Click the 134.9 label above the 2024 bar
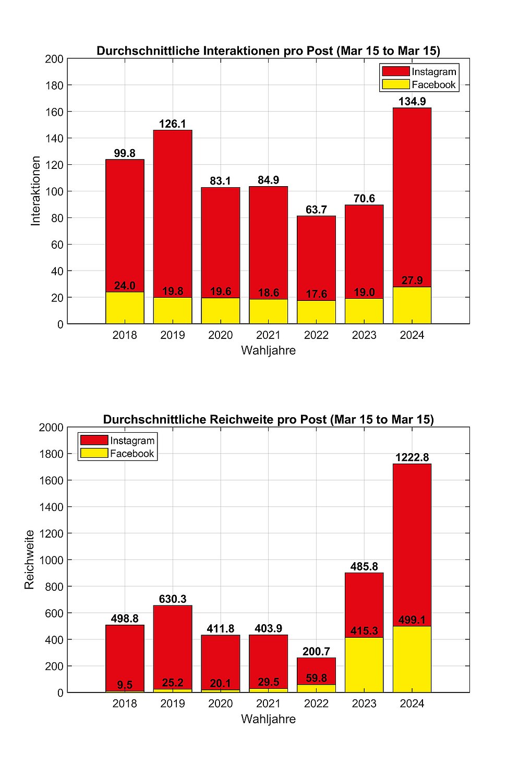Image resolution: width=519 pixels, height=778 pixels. [412, 102]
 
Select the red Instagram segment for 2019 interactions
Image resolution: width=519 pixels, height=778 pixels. [173, 209]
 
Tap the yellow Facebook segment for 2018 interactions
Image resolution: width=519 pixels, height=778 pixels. [125, 309]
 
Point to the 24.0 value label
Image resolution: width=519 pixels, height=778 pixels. [125, 286]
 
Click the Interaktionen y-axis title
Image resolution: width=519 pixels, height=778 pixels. [35, 191]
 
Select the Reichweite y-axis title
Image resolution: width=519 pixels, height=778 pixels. [29, 560]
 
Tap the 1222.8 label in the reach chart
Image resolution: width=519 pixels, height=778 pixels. [412, 457]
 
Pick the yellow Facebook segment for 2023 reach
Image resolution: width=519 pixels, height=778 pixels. [364, 665]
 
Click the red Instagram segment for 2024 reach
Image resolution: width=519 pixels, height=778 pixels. [412, 542]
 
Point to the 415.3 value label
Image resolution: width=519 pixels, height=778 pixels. [364, 631]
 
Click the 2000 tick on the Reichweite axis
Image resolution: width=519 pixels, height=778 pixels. [51, 428]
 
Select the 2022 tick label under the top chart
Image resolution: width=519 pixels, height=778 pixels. [316, 335]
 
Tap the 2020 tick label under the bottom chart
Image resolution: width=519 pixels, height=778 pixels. [221, 704]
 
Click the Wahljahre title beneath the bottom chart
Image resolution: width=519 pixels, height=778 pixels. [268, 719]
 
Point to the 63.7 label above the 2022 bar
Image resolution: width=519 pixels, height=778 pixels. [316, 210]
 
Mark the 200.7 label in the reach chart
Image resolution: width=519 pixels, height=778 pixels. [316, 651]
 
